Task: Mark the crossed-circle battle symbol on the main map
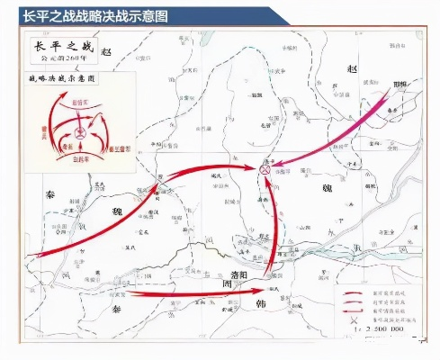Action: tap(265, 169)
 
